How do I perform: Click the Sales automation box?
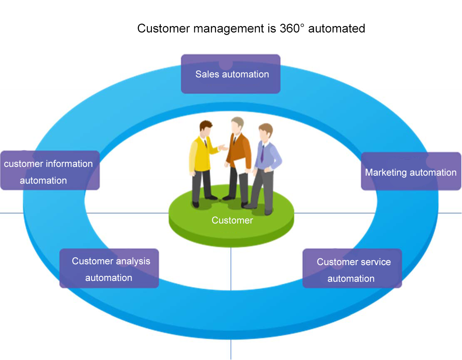(x=231, y=74)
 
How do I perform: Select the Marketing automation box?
(x=411, y=171)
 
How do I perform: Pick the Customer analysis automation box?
(x=109, y=268)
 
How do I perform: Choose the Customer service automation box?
(x=352, y=269)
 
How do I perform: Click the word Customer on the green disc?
(x=232, y=221)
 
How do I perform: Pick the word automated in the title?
(x=337, y=28)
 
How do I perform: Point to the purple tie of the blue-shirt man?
(x=262, y=153)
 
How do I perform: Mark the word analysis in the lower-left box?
(x=131, y=261)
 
